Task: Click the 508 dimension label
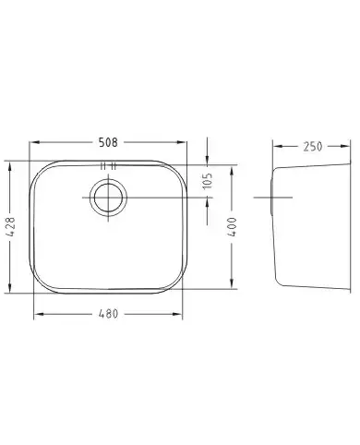(108, 142)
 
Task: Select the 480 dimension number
(108, 314)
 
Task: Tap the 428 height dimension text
(10, 227)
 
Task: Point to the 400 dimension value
(233, 227)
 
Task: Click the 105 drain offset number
(208, 180)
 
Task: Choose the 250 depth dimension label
(313, 147)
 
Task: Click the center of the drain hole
(108, 198)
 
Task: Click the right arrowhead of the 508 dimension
(182, 142)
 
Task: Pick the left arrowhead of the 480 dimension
(39, 314)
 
